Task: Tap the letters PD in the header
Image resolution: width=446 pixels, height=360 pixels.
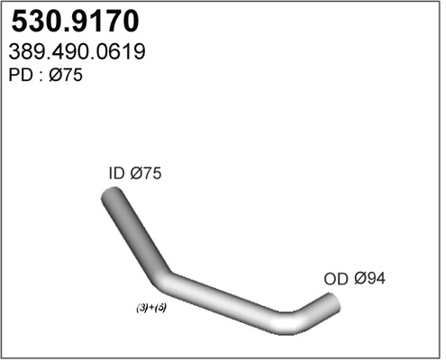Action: tap(18, 76)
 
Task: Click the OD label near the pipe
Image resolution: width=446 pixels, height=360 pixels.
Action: tap(335, 279)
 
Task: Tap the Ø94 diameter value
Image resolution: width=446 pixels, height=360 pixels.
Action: tap(369, 279)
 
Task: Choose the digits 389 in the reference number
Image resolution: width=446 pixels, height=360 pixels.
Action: tap(25, 53)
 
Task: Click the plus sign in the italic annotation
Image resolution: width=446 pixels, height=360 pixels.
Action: tap(151, 308)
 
